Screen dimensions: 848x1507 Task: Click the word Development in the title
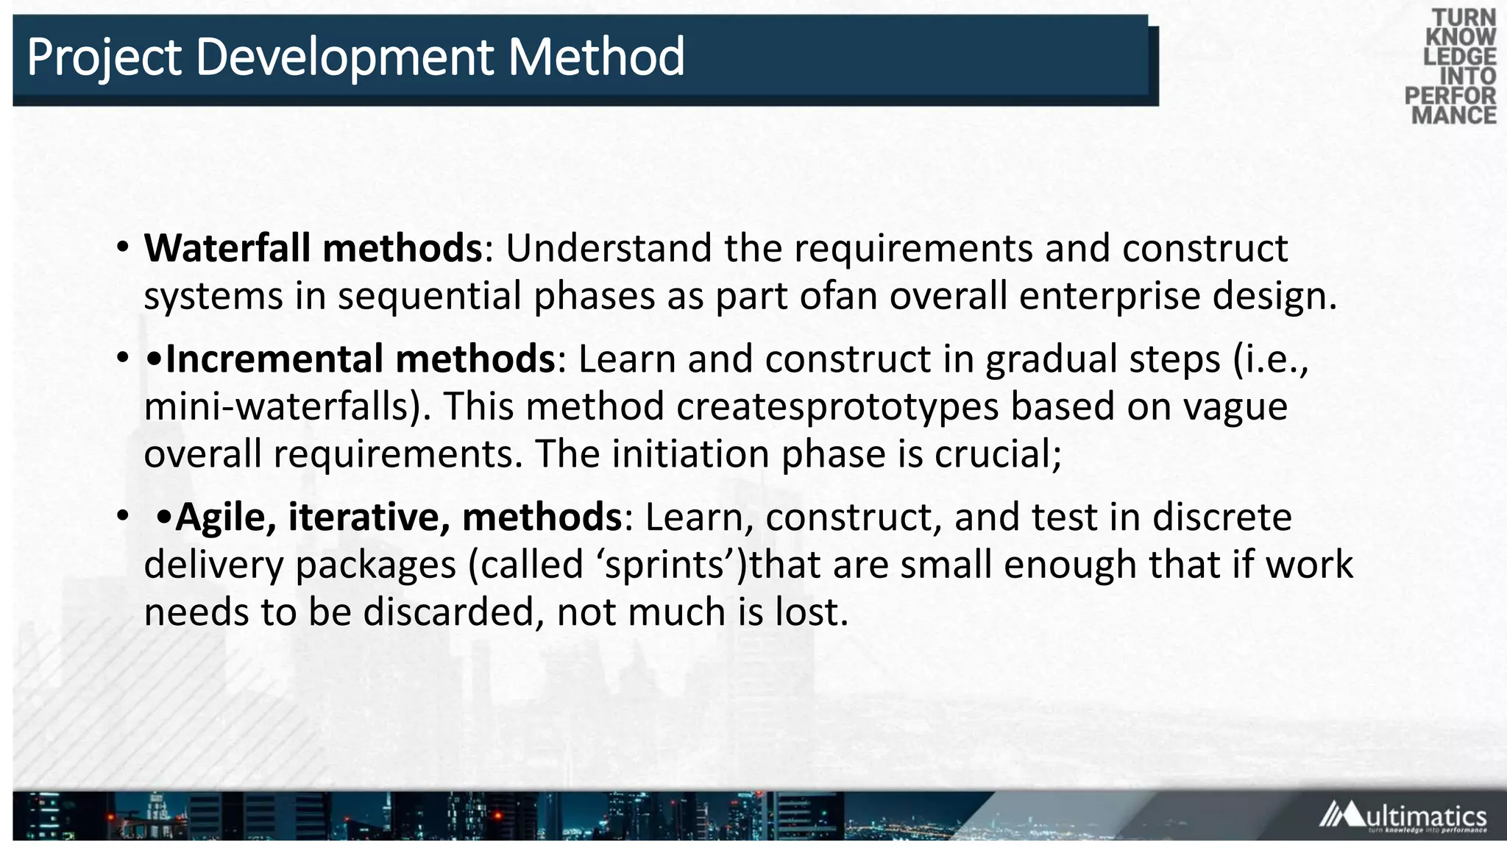click(345, 57)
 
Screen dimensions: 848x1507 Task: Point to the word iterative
click(368, 517)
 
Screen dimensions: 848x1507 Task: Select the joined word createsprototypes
click(837, 407)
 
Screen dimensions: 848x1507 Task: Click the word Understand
click(608, 248)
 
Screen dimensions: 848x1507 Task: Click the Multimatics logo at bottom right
click(1403, 817)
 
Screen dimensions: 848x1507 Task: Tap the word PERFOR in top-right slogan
click(1450, 96)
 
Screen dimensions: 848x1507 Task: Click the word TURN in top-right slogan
click(1464, 18)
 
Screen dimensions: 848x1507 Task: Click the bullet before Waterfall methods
click(122, 248)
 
